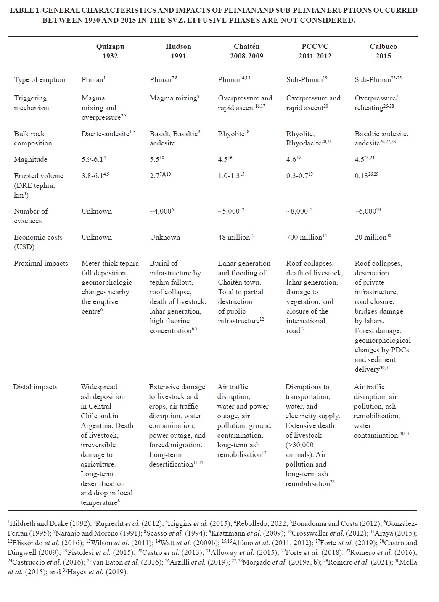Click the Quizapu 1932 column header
click(110, 51)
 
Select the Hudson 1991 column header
click(178, 51)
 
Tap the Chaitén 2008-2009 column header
click(246, 51)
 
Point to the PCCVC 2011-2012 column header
click(315, 51)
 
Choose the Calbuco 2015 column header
click(383, 51)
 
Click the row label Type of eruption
click(40, 80)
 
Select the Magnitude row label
click(31, 160)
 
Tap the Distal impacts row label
click(35, 387)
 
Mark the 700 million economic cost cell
click(304, 238)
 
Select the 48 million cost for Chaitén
click(234, 238)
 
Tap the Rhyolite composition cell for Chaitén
click(231, 134)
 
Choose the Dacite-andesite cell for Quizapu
click(105, 134)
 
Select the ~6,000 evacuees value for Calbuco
click(366, 211)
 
